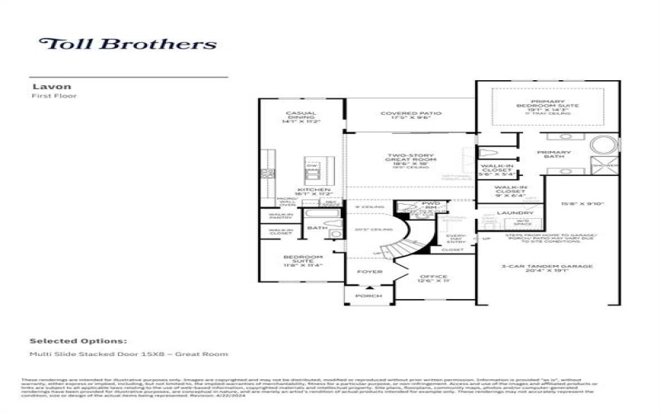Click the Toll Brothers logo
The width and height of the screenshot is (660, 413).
128,44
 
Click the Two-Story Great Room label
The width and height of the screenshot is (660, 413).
410,159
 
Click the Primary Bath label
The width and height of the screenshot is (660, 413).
554,155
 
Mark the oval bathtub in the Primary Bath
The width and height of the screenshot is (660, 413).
602,148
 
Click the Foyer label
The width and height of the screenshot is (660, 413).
369,271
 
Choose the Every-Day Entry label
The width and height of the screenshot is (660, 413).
456,239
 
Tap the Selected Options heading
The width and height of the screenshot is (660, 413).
78,340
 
